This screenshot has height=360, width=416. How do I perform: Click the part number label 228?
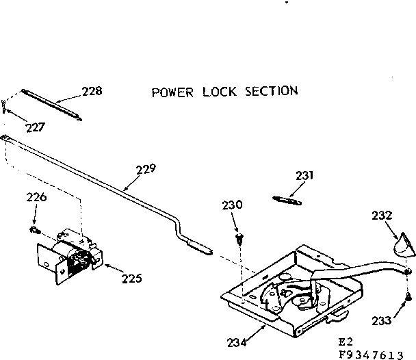[92, 91]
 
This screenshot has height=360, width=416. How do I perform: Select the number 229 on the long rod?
[146, 169]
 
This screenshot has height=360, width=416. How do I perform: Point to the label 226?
[37, 198]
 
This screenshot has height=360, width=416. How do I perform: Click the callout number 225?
[132, 278]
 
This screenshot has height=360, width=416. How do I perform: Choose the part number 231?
[305, 176]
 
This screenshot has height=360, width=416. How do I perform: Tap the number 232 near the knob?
[381, 215]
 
